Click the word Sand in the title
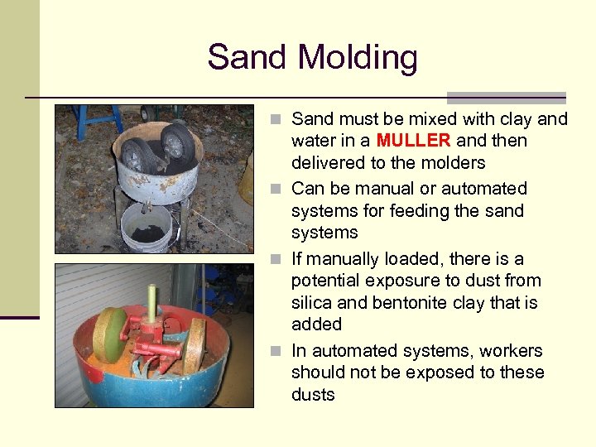point(248,58)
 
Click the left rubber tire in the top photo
point(137,156)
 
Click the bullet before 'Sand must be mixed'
point(281,120)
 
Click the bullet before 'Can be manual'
point(281,190)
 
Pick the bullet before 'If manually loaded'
point(281,259)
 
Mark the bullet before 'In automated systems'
point(281,351)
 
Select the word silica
point(312,302)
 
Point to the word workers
point(511,351)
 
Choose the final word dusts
point(313,395)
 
